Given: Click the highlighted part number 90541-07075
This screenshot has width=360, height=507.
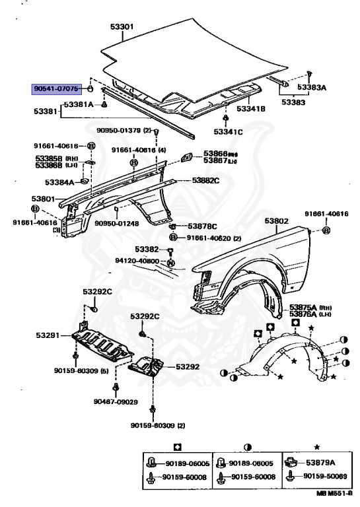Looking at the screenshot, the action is pyautogui.click(x=56, y=88).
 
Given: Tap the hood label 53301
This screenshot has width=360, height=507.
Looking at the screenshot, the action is pyautogui.click(x=122, y=26).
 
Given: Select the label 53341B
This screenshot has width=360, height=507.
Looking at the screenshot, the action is pyautogui.click(x=250, y=109).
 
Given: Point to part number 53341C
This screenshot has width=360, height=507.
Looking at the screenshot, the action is pyautogui.click(x=228, y=131).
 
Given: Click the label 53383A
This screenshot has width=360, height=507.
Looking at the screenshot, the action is pyautogui.click(x=312, y=87).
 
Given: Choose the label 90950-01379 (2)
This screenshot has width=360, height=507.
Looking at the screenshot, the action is pyautogui.click(x=124, y=130).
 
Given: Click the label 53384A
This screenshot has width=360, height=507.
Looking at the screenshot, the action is pyautogui.click(x=59, y=182).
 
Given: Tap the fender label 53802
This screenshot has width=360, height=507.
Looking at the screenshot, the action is pyautogui.click(x=276, y=221).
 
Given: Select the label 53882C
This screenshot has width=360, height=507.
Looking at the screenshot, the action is pyautogui.click(x=205, y=180).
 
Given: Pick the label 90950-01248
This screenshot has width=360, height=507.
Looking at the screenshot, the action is pyautogui.click(x=117, y=223).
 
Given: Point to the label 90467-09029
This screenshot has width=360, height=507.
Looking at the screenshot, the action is pyautogui.click(x=116, y=401).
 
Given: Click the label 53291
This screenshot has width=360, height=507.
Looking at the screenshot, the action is pyautogui.click(x=48, y=335).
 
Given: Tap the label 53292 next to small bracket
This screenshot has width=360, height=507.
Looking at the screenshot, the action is pyautogui.click(x=188, y=366).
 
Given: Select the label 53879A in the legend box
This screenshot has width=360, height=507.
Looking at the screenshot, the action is pyautogui.click(x=320, y=463).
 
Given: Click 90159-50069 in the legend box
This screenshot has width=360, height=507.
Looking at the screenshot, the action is pyautogui.click(x=325, y=476).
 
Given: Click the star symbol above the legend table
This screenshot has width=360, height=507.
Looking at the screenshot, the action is pyautogui.click(x=317, y=447).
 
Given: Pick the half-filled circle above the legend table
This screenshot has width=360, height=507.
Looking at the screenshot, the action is pyautogui.click(x=248, y=448).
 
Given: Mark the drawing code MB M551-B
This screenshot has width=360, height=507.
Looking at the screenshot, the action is pyautogui.click(x=334, y=493).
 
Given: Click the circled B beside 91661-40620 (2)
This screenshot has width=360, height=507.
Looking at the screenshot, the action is pyautogui.click(x=173, y=238).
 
